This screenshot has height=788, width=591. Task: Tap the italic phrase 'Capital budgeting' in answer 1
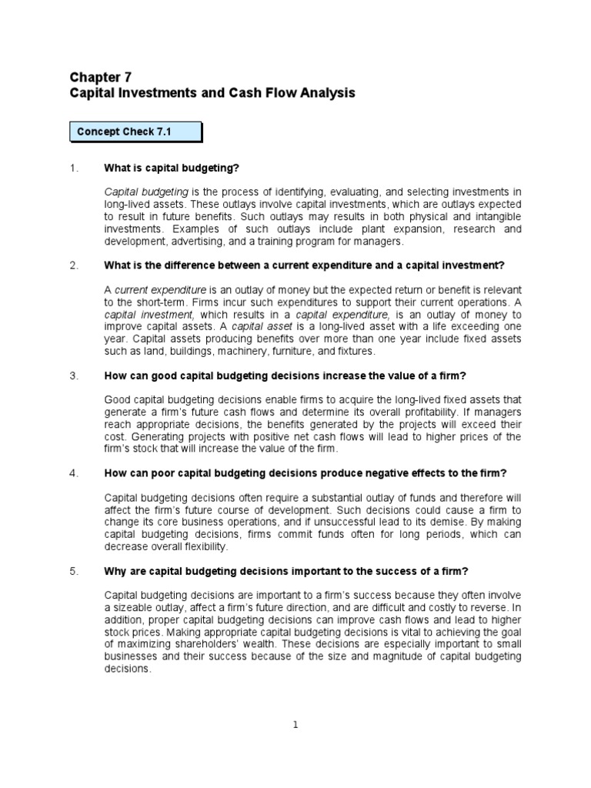pos(146,192)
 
